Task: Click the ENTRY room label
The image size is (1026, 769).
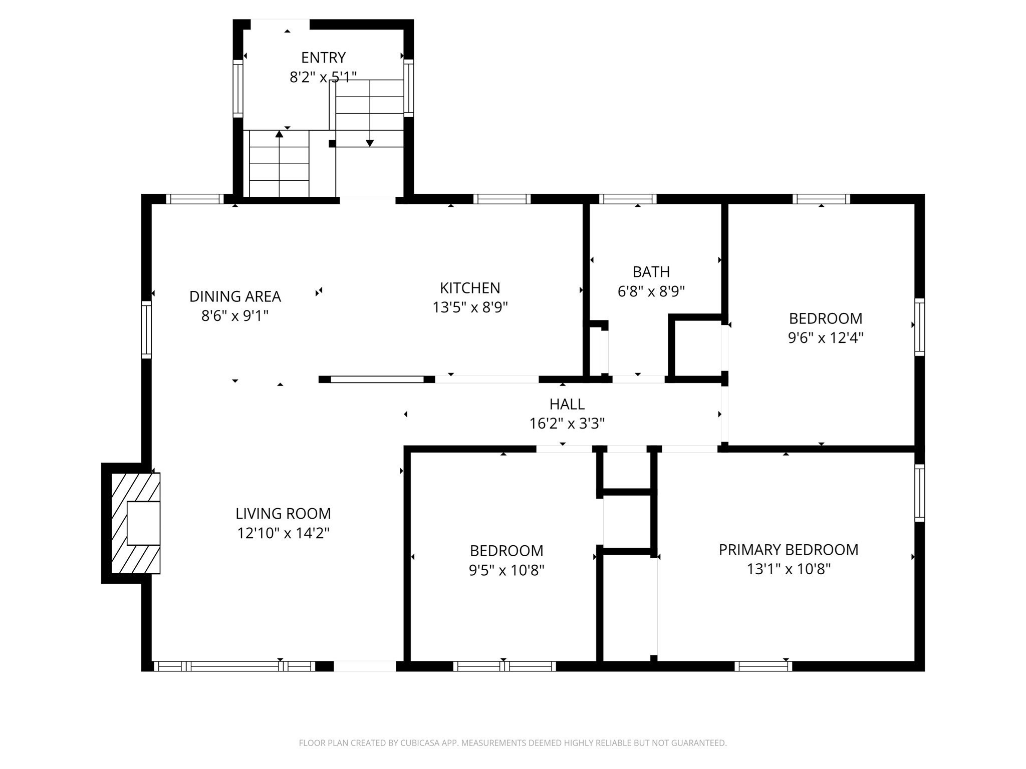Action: pos(323,58)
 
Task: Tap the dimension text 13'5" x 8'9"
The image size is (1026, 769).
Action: pos(470,307)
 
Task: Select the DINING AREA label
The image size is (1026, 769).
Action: pos(235,296)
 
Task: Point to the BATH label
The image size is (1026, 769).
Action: pos(651,272)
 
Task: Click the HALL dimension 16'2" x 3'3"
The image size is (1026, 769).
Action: pos(567,424)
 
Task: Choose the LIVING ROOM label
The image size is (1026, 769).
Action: pos(283,514)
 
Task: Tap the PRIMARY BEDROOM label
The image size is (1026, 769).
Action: pos(788,550)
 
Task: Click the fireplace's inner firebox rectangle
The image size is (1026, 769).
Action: pos(143,523)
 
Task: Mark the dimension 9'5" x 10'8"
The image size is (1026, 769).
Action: pos(506,570)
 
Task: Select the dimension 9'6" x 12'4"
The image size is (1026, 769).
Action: pos(825,338)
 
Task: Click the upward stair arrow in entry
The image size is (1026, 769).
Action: pos(279,134)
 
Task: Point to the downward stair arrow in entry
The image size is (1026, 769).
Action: pos(370,143)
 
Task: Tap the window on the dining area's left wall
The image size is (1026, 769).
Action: pos(146,329)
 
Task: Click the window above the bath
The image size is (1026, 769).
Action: pos(627,199)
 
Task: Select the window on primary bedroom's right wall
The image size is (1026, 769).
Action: pos(919,493)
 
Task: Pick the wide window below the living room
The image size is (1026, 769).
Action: pos(234,666)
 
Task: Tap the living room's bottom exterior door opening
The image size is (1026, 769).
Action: pos(365,666)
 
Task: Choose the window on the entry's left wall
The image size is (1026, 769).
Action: pos(238,89)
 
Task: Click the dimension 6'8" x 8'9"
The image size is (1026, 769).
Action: pos(651,291)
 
